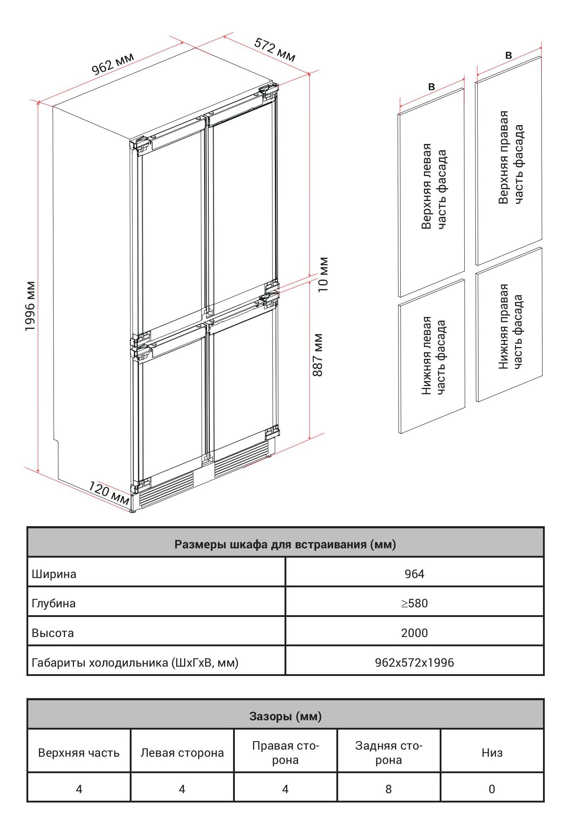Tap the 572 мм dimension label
(275, 50)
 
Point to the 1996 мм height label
(31, 306)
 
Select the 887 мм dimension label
(318, 355)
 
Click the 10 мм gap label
(323, 275)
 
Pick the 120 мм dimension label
(109, 493)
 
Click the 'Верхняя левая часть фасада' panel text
(434, 186)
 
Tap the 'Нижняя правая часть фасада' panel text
(510, 326)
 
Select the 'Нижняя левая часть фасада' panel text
(434, 356)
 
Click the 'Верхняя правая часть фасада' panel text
(510, 157)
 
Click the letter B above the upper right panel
(508, 55)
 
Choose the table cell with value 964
(414, 574)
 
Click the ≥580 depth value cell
(414, 603)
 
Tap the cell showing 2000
(414, 633)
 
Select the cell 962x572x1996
(414, 662)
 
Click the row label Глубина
(54, 603)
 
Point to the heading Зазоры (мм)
(285, 716)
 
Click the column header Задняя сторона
(389, 752)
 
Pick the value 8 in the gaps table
(389, 789)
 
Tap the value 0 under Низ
(492, 789)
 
